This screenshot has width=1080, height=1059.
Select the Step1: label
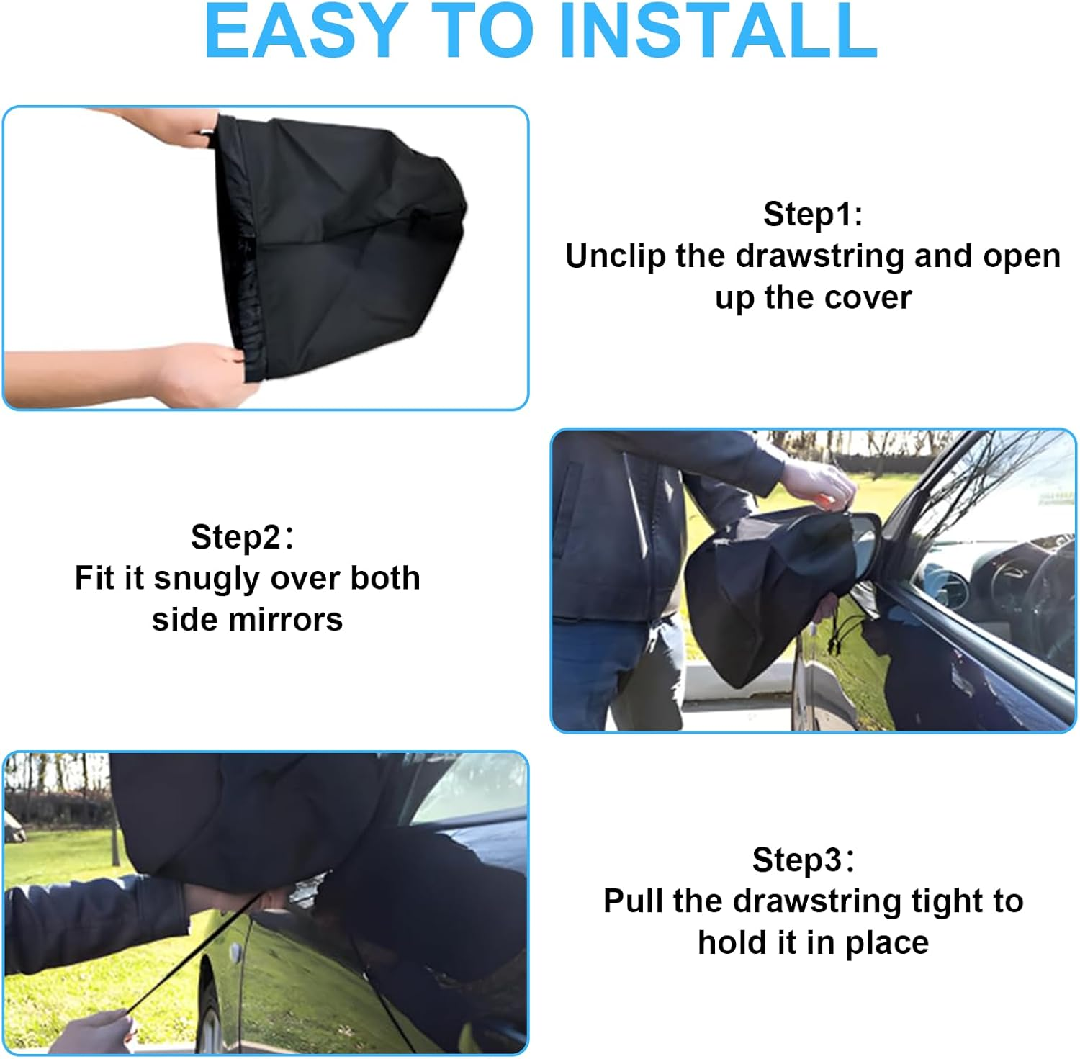click(x=812, y=214)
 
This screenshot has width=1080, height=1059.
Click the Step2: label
click(x=241, y=537)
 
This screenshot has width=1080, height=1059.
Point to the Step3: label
click(x=803, y=860)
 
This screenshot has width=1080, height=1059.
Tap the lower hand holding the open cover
click(x=194, y=374)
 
